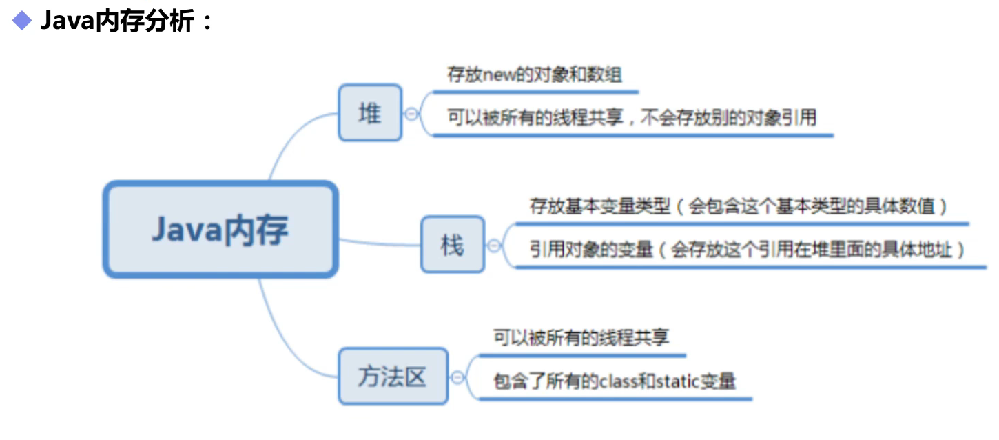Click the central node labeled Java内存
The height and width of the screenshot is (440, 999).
[220, 230]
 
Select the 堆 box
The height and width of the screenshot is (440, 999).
[370, 113]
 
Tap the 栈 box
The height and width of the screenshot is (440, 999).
[453, 244]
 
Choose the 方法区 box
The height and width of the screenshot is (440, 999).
[393, 376]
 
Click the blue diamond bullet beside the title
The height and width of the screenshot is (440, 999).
[22, 21]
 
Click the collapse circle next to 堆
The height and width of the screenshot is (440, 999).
[412, 114]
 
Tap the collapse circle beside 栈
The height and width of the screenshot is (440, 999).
[494, 245]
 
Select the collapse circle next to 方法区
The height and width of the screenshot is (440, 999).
[457, 377]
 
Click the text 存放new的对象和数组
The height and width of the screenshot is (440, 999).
[535, 74]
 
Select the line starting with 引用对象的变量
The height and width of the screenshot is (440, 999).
[747, 249]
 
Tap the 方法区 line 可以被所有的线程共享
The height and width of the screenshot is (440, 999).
[581, 337]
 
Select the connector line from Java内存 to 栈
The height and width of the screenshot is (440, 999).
[379, 243]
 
